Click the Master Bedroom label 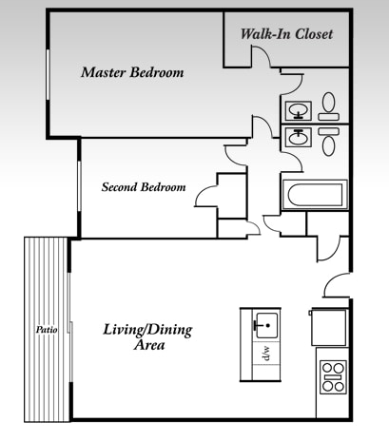131,72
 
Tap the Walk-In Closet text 285,34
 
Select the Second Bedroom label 143,187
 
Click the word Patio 47,330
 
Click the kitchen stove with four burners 332,376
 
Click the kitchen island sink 265,324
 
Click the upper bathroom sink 299,109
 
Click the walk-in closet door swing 264,54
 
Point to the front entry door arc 336,284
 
